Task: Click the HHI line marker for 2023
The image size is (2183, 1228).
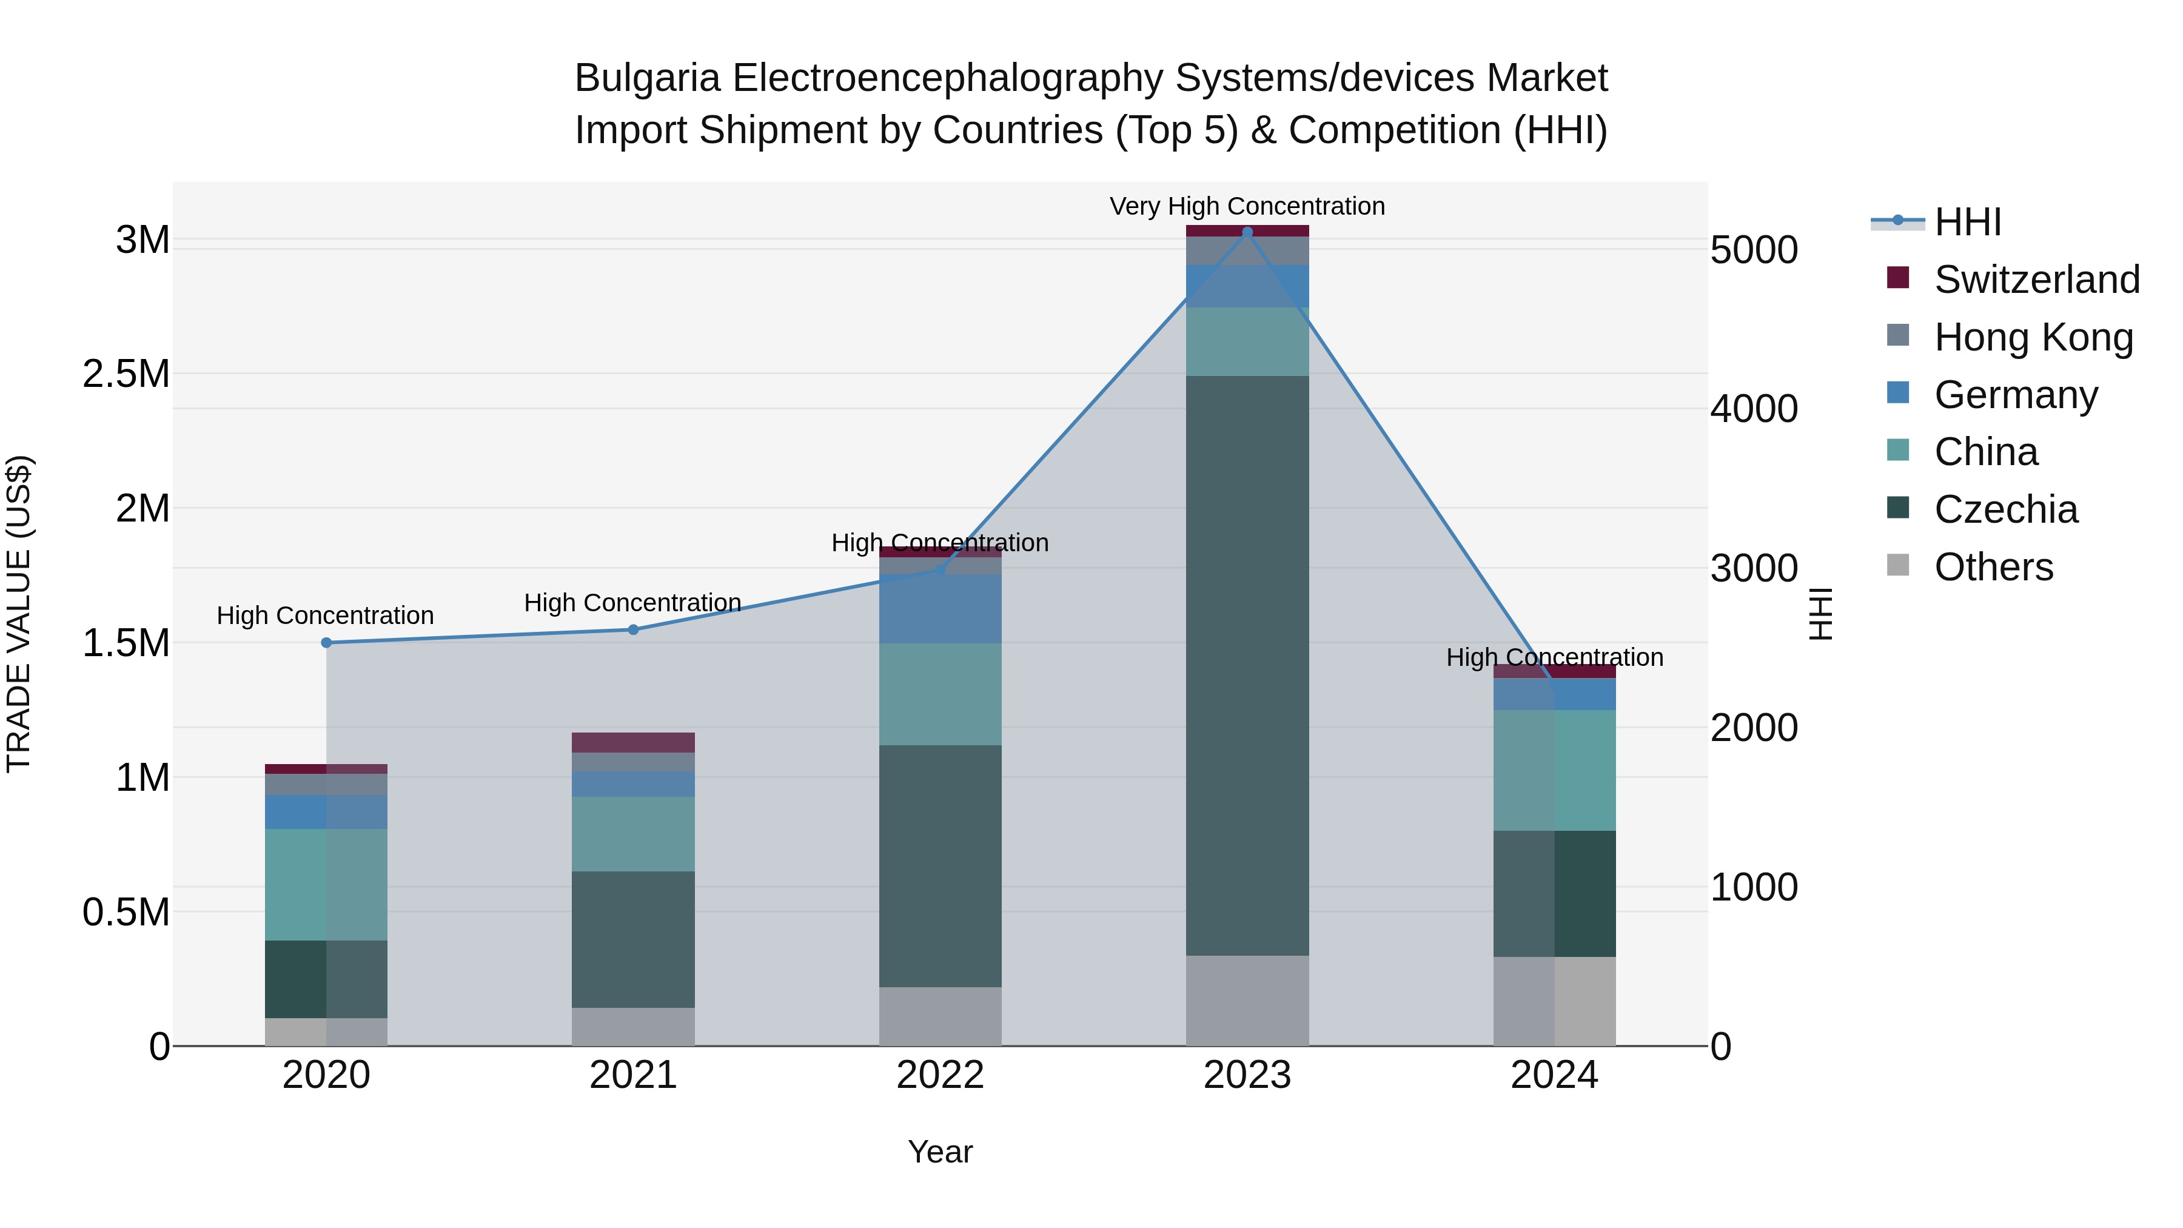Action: click(x=1247, y=232)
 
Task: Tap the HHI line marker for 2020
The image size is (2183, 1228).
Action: click(x=326, y=642)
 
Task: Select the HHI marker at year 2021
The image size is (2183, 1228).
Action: click(x=633, y=629)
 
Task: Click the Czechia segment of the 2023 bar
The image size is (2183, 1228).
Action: click(x=1247, y=665)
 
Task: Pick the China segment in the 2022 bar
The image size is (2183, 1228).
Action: click(x=940, y=694)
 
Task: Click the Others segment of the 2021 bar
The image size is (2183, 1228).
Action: click(x=633, y=1026)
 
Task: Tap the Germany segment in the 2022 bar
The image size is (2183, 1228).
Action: click(x=940, y=608)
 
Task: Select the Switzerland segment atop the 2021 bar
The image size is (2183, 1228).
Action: click(x=633, y=742)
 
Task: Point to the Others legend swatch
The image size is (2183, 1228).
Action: click(x=1898, y=565)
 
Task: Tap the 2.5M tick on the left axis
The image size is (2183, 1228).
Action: click(x=126, y=374)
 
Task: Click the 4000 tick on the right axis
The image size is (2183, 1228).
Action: click(x=1753, y=409)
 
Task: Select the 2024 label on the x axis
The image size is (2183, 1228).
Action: click(x=1554, y=1075)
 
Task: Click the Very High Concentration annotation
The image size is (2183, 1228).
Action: click(x=1247, y=206)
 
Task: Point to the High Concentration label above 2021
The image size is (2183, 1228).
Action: click(x=633, y=603)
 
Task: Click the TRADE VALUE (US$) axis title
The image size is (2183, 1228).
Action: click(x=19, y=614)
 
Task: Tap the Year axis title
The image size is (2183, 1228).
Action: click(x=940, y=1152)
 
